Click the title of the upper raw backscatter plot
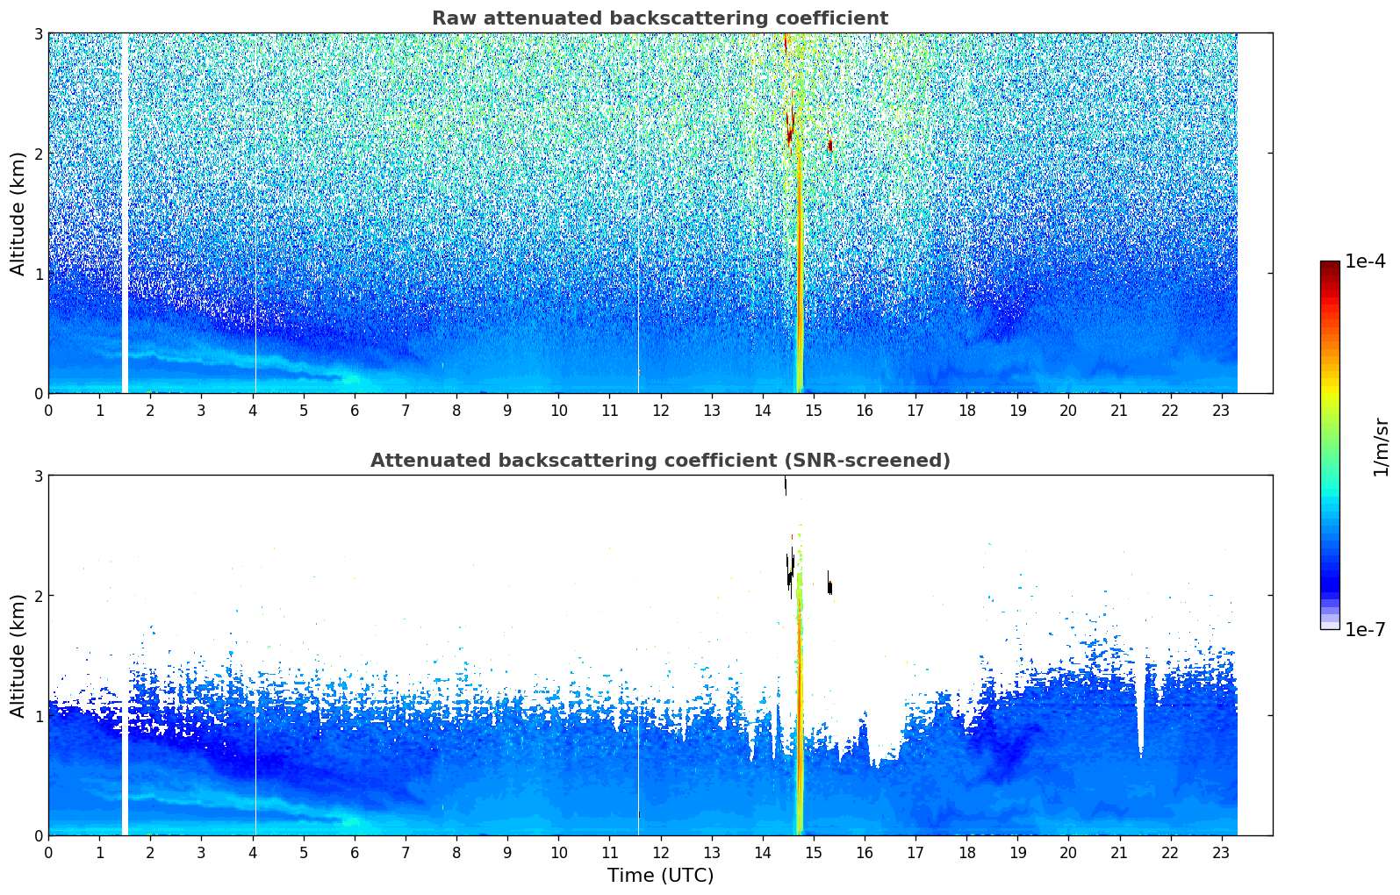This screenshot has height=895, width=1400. [x=659, y=18]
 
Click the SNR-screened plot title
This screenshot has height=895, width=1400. [x=659, y=461]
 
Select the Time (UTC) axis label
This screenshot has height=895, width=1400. [x=660, y=876]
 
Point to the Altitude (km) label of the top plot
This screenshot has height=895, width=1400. [x=18, y=213]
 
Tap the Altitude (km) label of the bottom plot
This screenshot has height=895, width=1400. [x=18, y=655]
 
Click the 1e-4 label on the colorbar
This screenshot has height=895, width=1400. [x=1365, y=261]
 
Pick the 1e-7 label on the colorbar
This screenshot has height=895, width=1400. [x=1365, y=629]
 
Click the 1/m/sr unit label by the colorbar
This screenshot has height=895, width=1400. [x=1381, y=447]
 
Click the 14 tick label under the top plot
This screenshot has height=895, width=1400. [x=762, y=411]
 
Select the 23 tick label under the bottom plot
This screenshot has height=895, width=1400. [x=1221, y=853]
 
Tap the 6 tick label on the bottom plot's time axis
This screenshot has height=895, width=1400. [x=355, y=853]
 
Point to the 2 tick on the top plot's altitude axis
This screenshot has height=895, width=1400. [x=38, y=154]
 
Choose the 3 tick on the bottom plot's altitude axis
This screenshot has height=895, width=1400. [x=38, y=476]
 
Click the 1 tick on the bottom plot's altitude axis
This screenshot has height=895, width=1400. [x=38, y=716]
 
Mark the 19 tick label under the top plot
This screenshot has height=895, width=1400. [x=1017, y=411]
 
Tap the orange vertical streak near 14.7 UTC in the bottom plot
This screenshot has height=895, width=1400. [x=800, y=702]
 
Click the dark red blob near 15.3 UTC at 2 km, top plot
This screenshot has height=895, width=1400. [x=829, y=146]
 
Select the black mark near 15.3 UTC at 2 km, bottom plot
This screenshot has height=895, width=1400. [x=829, y=586]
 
